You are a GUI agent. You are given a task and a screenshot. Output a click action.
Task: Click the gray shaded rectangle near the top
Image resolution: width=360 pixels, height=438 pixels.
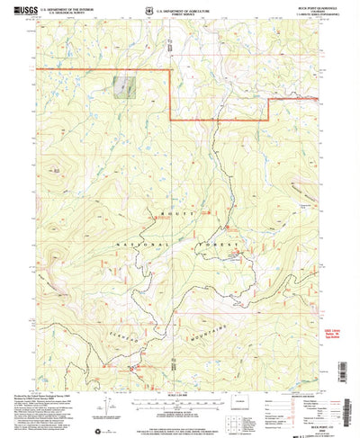pyautogui.click(x=122, y=86)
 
